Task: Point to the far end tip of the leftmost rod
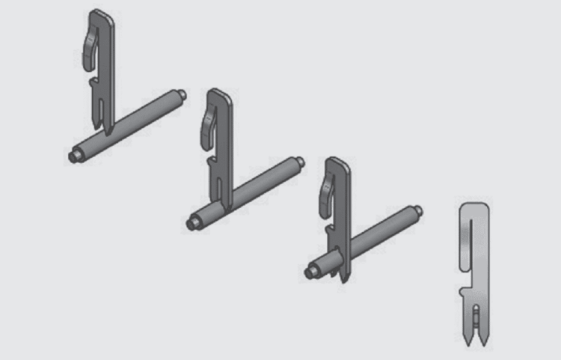183,94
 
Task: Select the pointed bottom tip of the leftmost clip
108,132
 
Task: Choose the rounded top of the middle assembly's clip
219,94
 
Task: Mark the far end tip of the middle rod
300,159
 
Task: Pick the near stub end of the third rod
310,272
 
